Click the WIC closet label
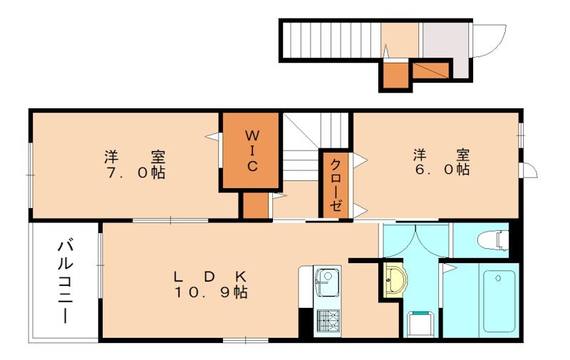252,151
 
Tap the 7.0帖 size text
136,173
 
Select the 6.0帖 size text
442,170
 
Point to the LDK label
210,277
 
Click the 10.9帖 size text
211,292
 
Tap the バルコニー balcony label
65,282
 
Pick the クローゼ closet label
335,185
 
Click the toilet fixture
493,240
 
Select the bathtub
499,301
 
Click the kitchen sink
327,282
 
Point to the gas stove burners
328,320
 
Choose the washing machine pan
420,324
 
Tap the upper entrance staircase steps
331,41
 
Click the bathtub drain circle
498,278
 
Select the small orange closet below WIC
256,205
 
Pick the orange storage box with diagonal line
431,71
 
